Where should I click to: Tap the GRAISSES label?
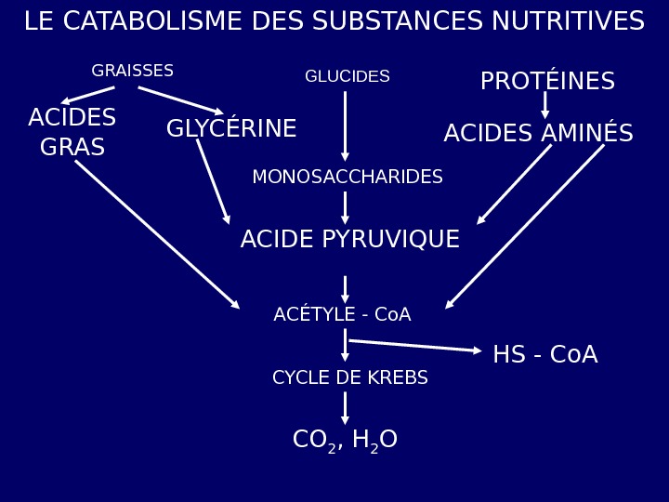(x=132, y=72)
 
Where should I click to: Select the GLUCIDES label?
(x=348, y=76)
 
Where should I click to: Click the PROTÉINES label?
(x=547, y=82)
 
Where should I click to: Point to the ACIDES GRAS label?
(x=72, y=132)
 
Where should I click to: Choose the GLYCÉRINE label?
(x=231, y=129)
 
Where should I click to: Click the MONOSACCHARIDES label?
(x=348, y=177)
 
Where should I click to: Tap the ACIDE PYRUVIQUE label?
(x=349, y=240)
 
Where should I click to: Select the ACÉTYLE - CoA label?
(x=342, y=315)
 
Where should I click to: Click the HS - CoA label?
(x=544, y=355)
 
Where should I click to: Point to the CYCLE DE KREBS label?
(x=349, y=378)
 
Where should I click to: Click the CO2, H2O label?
(x=345, y=440)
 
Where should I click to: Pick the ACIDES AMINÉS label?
(x=538, y=134)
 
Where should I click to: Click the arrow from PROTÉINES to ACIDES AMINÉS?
(x=545, y=104)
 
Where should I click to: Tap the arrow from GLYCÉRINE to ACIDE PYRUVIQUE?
(x=213, y=181)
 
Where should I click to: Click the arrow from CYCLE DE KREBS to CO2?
(x=345, y=407)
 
